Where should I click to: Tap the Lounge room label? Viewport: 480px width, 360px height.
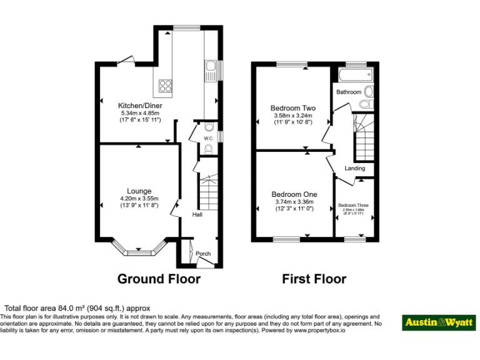[139, 191]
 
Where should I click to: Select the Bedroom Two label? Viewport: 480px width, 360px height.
[292, 107]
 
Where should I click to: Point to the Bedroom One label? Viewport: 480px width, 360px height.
[294, 194]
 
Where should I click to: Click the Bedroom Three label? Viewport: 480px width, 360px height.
[354, 205]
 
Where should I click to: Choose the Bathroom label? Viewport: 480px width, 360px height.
[349, 92]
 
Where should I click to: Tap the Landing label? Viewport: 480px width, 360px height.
[354, 168]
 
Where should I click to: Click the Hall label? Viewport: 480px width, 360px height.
[197, 214]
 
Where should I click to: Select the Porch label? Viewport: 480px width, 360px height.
[203, 254]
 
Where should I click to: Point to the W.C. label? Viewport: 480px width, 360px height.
[209, 137]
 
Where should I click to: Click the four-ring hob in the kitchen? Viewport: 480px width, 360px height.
[166, 86]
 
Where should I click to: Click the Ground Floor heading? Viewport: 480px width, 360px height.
[159, 279]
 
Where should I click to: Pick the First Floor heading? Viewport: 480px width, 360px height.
[314, 279]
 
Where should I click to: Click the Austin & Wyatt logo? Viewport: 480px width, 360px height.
[438, 322]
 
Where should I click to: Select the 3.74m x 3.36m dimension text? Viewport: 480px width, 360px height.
[294, 202]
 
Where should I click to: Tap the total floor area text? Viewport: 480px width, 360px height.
[77, 308]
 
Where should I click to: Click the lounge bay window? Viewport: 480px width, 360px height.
[139, 251]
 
